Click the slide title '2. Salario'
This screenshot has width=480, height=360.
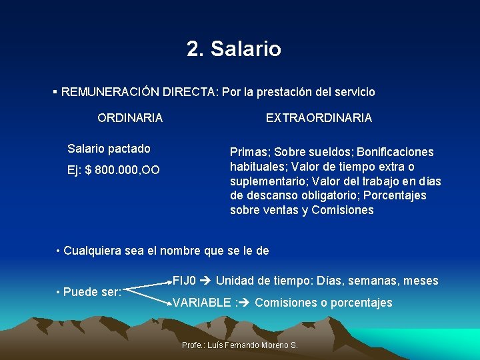[234, 49]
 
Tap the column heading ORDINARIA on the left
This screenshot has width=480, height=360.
[130, 118]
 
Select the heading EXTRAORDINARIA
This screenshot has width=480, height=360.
[319, 118]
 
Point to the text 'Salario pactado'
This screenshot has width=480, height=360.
[109, 149]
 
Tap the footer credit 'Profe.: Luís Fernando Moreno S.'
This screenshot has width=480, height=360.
[239, 345]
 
